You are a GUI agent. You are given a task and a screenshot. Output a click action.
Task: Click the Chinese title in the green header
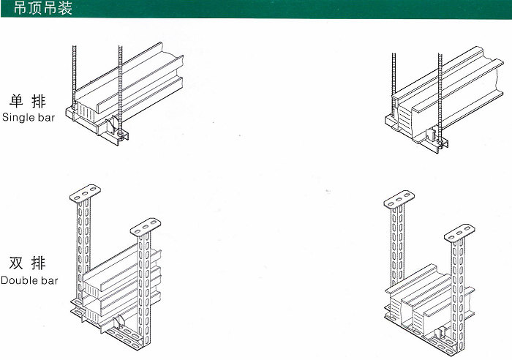click(42, 8)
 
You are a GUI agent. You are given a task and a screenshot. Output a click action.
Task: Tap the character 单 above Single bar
click(16, 101)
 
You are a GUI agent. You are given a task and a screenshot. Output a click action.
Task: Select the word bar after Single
click(46, 118)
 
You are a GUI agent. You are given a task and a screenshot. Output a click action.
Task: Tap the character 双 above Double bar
click(16, 263)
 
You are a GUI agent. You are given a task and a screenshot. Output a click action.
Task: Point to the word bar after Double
click(49, 280)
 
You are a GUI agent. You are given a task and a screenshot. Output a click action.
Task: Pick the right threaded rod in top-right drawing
click(440, 98)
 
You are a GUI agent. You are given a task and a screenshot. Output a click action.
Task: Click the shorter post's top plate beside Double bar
click(146, 227)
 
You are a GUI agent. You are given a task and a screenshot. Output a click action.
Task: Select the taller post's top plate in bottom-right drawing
click(399, 199)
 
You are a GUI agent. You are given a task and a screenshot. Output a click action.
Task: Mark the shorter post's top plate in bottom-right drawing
click(459, 233)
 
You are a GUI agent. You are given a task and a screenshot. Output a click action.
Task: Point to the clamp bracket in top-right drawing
click(432, 135)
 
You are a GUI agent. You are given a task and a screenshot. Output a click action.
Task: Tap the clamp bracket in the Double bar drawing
click(118, 321)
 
